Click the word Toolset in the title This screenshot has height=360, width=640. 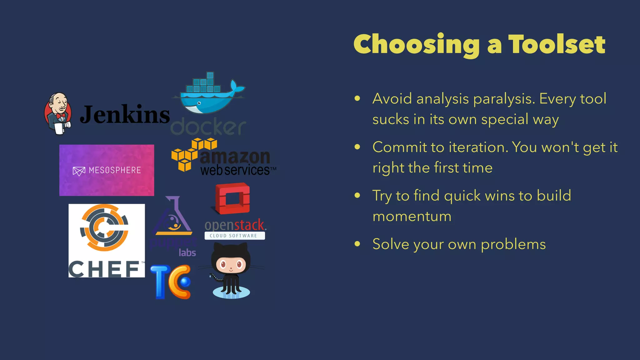point(557,44)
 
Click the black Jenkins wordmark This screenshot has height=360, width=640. point(125,115)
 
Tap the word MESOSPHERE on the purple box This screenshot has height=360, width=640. point(115,170)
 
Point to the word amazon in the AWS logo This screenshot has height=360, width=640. point(234,157)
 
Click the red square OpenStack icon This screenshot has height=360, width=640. point(233,199)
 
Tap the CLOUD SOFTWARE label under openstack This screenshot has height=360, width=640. point(234,236)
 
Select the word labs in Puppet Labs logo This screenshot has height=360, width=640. point(187,252)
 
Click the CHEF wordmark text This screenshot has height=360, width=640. point(104,269)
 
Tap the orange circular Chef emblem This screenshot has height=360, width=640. point(104,227)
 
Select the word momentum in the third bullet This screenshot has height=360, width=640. point(412,216)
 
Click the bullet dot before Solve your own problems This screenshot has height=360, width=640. point(357,244)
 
